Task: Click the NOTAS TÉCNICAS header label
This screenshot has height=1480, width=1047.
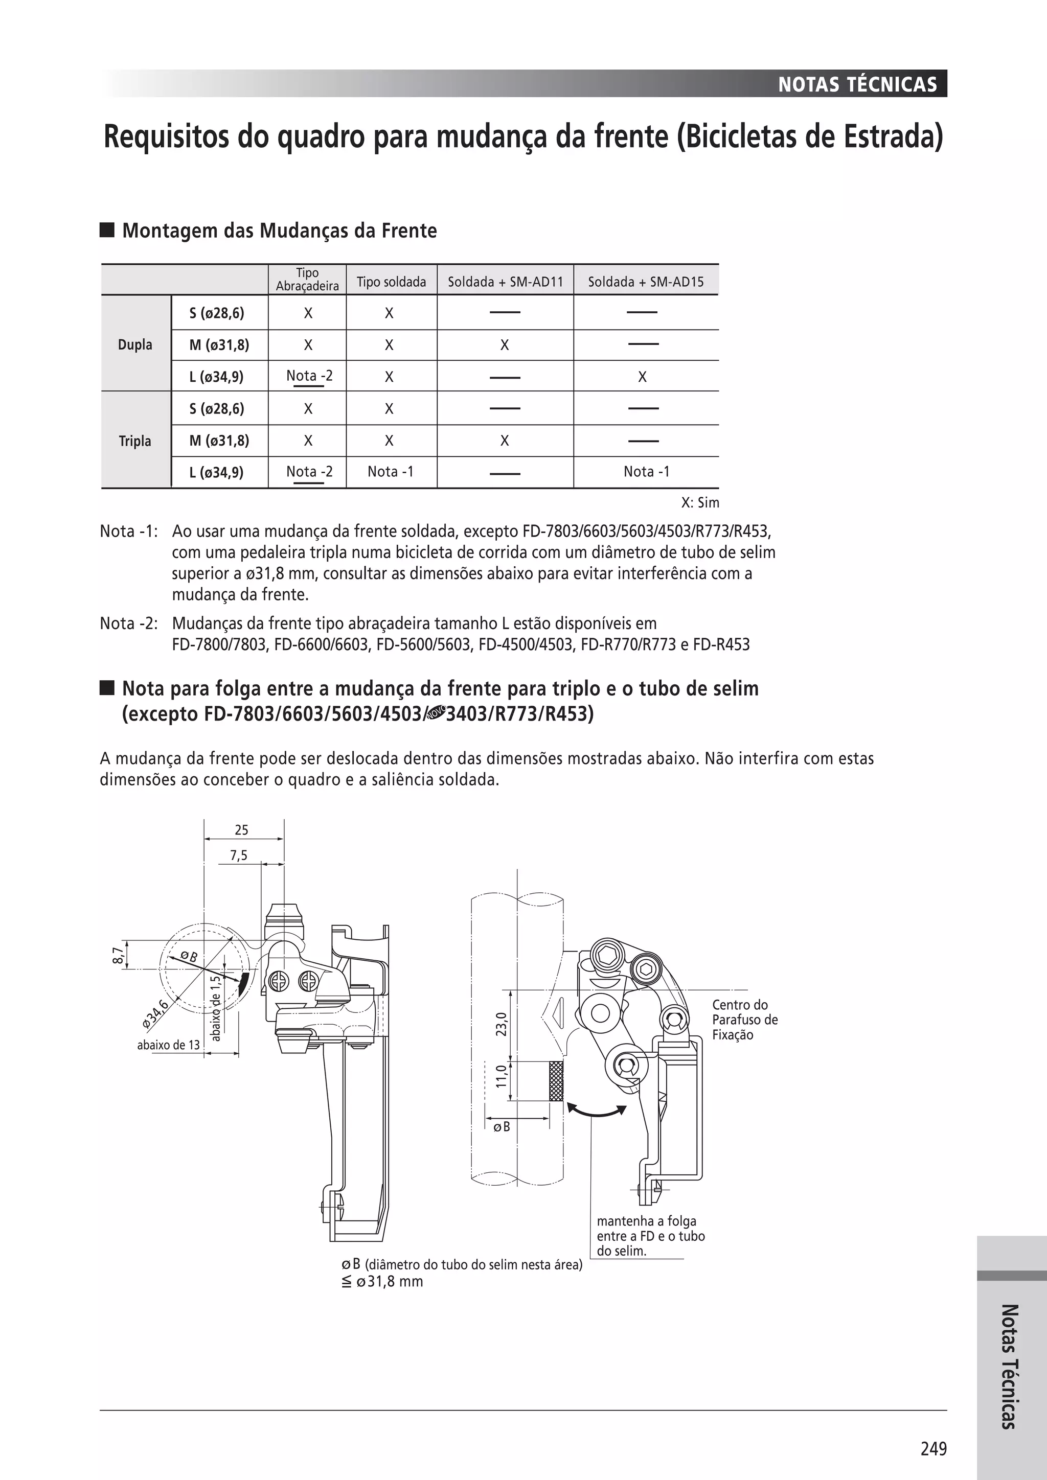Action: [857, 84]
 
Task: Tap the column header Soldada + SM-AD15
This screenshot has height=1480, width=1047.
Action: [645, 282]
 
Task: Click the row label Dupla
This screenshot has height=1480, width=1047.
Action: [135, 344]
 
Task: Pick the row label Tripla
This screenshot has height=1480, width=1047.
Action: [135, 441]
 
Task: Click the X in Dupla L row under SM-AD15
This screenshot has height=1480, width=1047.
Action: [642, 377]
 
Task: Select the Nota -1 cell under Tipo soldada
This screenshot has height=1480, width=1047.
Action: [390, 471]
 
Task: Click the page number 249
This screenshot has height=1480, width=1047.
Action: [934, 1448]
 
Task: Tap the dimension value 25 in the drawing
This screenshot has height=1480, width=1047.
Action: [241, 829]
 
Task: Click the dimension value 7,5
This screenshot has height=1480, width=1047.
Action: [239, 855]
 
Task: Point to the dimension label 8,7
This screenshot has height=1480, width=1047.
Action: [117, 955]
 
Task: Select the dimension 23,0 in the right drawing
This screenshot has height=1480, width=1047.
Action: [502, 1024]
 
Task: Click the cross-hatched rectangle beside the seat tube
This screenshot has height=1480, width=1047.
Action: [556, 1080]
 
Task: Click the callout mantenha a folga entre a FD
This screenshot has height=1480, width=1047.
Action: [650, 1236]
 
